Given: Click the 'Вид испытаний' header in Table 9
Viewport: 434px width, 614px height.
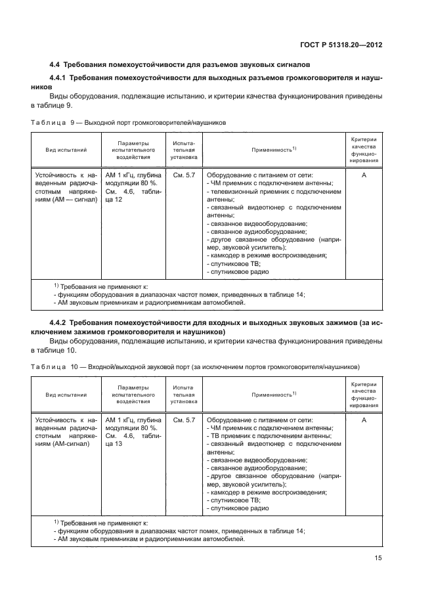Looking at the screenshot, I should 66,150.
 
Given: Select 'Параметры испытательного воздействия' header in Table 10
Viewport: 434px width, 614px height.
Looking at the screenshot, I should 133,395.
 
